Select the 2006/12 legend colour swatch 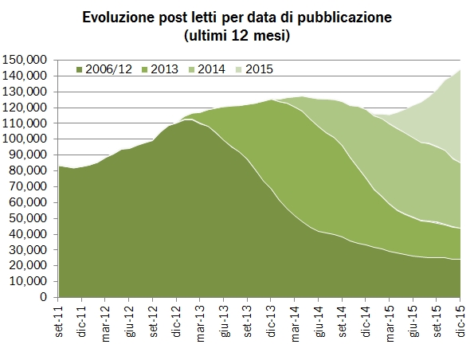[x=79, y=69]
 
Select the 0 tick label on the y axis [x=45, y=297]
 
